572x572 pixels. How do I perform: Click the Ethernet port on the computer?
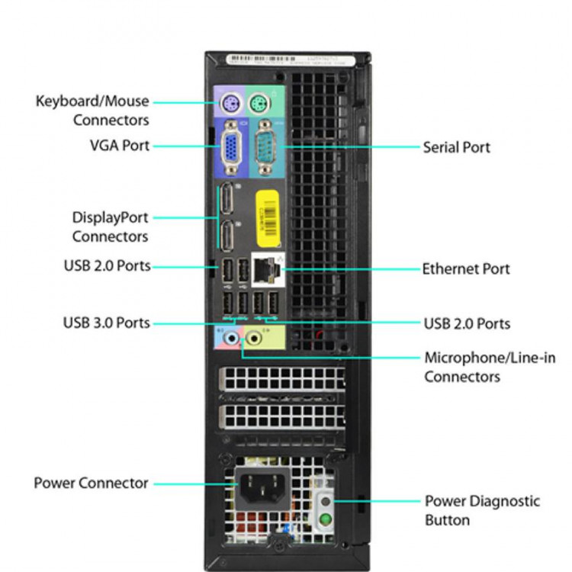pyautogui.click(x=266, y=268)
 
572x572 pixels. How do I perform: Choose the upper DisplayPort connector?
pyautogui.click(x=227, y=201)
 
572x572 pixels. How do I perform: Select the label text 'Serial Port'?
pyautogui.click(x=457, y=147)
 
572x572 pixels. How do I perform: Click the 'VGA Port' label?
pyautogui.click(x=120, y=145)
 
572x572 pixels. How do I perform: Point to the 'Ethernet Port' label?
pyautogui.click(x=466, y=268)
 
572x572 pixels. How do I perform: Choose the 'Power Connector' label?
pyautogui.click(x=91, y=483)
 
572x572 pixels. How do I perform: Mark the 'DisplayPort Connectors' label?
pyautogui.click(x=110, y=227)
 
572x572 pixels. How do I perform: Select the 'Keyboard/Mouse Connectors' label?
pyautogui.click(x=92, y=110)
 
